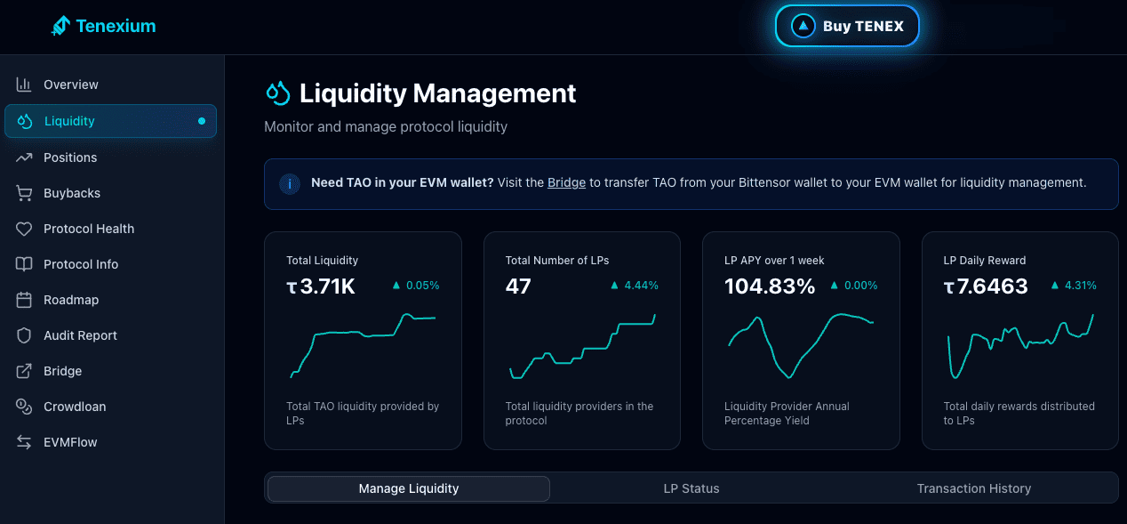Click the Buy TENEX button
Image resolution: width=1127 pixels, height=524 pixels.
pos(847,27)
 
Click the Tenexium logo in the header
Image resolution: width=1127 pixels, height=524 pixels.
pos(104,26)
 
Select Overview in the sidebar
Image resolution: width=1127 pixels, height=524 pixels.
pos(71,85)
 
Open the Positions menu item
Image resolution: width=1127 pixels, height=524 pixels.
pos(70,157)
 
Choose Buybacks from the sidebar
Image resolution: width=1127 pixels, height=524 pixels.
pos(72,193)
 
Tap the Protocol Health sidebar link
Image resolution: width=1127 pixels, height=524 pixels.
pos(89,229)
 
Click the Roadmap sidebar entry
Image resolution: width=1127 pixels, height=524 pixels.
pos(71,300)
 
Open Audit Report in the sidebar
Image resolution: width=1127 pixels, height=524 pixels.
pos(80,335)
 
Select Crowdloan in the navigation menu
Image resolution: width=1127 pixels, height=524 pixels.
pos(75,407)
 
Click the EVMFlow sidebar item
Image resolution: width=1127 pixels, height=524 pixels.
pos(70,442)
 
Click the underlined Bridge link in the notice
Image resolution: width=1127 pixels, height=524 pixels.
pos(566,183)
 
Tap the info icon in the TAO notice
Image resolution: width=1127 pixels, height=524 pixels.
pos(288,184)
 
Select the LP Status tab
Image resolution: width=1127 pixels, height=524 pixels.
pos(691,488)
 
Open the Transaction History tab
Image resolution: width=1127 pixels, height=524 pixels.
pos(973,488)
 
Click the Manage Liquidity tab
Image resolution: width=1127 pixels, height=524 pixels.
pos(409,488)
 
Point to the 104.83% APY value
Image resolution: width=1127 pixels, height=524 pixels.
pos(770,286)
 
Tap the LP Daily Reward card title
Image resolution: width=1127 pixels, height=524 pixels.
pos(985,261)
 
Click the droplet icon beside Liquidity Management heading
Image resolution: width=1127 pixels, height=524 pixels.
pos(278,93)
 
